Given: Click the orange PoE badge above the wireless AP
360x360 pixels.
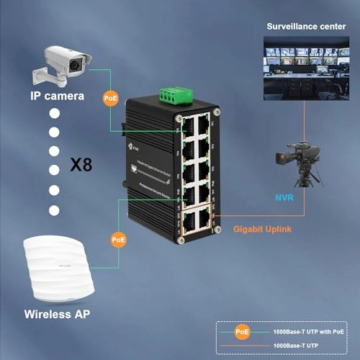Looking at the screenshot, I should click(119, 238).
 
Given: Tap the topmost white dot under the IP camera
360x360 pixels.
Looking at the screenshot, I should click(53, 114).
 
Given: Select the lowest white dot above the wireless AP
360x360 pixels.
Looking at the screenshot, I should click(53, 210).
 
